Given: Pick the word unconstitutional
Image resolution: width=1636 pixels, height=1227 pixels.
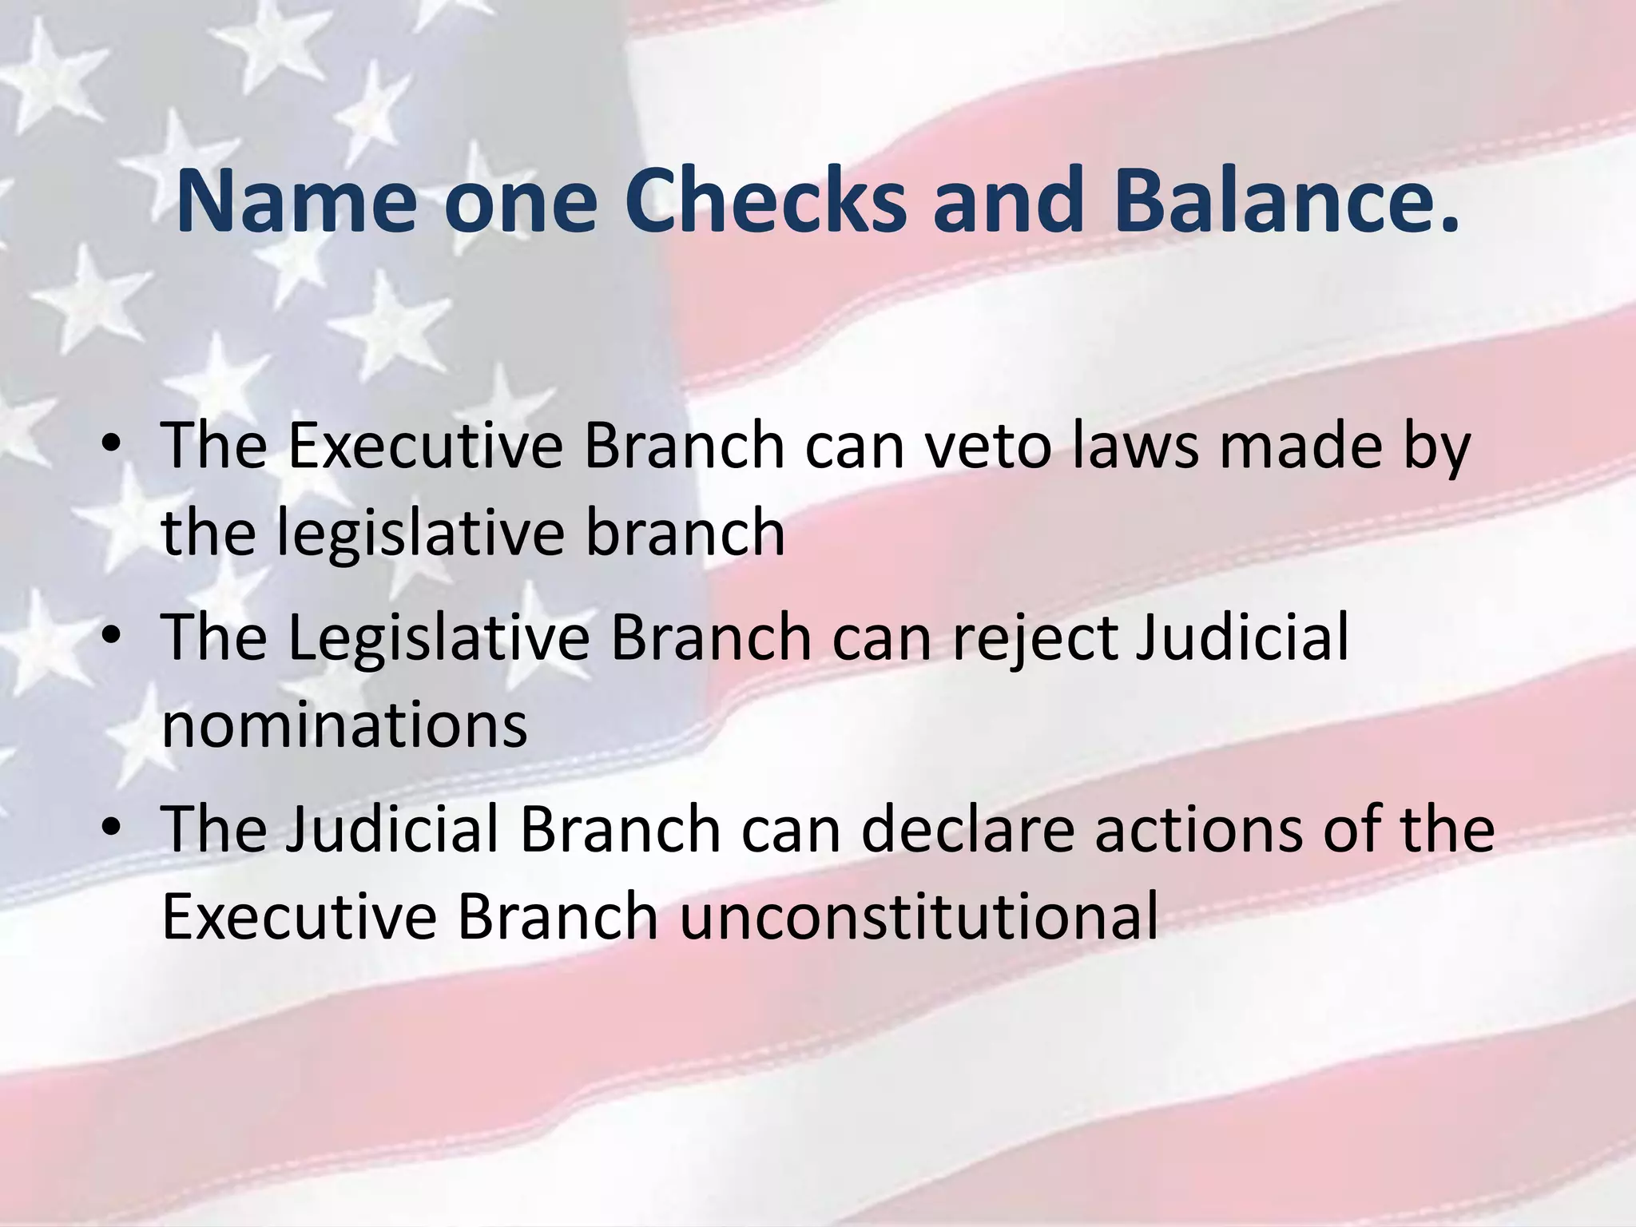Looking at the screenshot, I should pos(919,917).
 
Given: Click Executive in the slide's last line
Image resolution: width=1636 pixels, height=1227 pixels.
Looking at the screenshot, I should pos(299,917).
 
